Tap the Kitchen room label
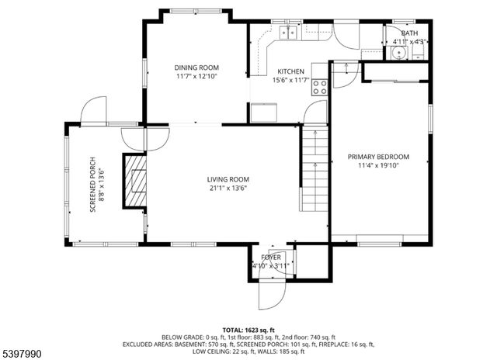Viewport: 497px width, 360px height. coord(291,71)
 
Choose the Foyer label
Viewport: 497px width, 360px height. coord(270,257)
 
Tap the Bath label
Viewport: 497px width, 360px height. coord(409,33)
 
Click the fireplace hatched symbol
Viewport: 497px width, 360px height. coord(137,182)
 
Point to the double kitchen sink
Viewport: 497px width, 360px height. coord(290,33)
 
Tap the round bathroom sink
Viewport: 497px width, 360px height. coord(398,53)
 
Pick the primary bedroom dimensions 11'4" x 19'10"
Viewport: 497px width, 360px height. coord(378,165)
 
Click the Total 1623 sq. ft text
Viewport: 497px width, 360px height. coord(248,330)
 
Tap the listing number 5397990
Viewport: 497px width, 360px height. coord(23,354)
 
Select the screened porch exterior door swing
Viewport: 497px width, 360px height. coord(93,110)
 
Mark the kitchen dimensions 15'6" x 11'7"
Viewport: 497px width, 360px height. coord(291,80)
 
